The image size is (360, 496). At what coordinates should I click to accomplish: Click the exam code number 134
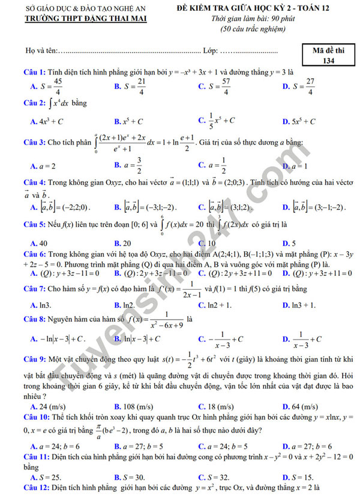coord(328,61)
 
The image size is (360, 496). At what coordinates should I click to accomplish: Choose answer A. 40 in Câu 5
coord(39,244)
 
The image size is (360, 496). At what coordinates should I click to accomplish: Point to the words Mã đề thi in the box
coord(328,50)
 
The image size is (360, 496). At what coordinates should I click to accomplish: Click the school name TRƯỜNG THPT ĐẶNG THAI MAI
coord(78,19)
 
